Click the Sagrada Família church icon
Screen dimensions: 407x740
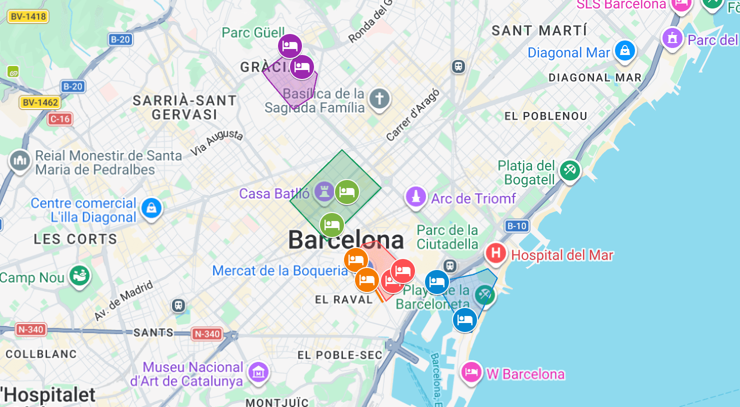pos(379,99)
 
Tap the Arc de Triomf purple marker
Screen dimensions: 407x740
pos(415,196)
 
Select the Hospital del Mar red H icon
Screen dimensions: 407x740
pos(495,253)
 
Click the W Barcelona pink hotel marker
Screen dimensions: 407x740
pos(471,372)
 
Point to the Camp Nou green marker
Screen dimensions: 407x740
pos(79,275)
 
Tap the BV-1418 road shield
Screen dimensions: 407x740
pos(28,16)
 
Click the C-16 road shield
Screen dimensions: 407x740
pos(60,119)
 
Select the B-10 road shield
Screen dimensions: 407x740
pos(516,226)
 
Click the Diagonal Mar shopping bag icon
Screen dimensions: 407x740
pos(624,50)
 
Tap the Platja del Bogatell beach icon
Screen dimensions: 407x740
pos(569,170)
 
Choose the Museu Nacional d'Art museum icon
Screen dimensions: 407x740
pos(258,372)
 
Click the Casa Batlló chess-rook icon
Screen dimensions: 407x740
pos(324,191)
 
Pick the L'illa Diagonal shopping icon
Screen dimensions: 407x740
pos(151,207)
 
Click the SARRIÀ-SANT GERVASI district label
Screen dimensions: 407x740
pos(184,107)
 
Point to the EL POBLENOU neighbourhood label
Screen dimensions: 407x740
pos(545,116)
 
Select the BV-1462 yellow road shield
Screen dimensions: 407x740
pos(40,102)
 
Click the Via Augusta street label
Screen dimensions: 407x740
pos(216,142)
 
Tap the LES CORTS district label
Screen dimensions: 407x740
pos(75,239)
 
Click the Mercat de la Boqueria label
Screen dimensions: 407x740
pos(279,271)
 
